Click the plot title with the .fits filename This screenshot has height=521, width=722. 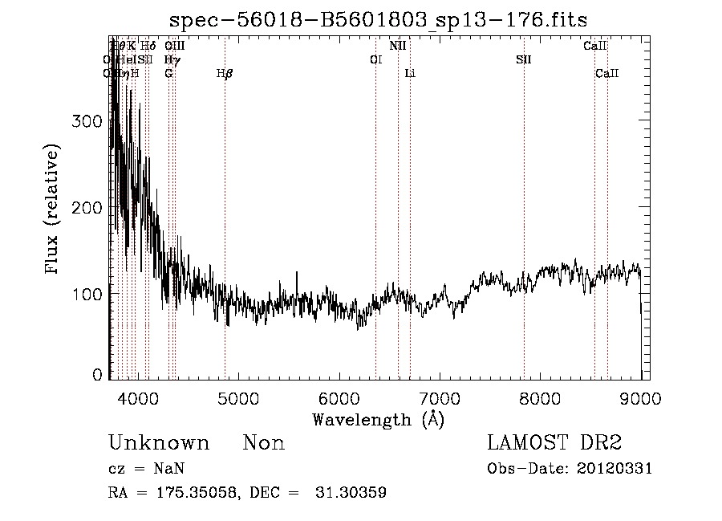385,20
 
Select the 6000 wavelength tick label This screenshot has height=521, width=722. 339,397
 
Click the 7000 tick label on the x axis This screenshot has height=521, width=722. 439,397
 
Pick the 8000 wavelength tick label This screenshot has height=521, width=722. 540,397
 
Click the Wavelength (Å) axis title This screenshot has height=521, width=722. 378,419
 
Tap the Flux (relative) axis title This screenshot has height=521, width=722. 54,210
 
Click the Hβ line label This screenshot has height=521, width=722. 225,74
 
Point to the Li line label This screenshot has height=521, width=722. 410,74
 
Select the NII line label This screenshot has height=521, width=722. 398,46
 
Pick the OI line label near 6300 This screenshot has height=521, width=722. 375,59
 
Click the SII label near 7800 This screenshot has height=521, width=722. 524,59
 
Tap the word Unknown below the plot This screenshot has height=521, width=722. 159,443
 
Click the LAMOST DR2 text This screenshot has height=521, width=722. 554,443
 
